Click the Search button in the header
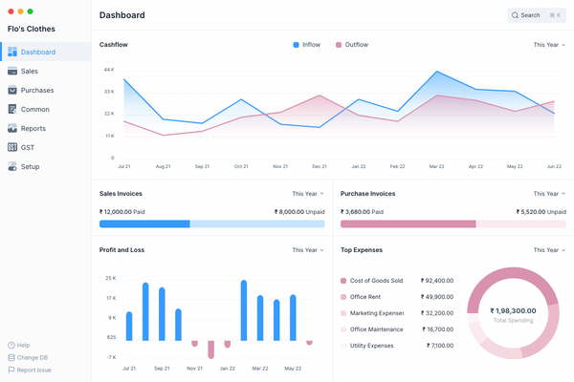(537, 15)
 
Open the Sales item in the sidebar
(30, 72)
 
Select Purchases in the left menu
(36, 91)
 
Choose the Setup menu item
(30, 167)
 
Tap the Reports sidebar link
(33, 129)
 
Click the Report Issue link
(33, 370)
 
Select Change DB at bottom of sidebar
(33, 357)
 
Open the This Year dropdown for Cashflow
(549, 45)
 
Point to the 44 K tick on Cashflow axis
(108, 70)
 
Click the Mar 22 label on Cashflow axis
(436, 166)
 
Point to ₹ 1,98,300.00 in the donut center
(513, 310)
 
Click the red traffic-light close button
(9, 11)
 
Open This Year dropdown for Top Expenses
(549, 250)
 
